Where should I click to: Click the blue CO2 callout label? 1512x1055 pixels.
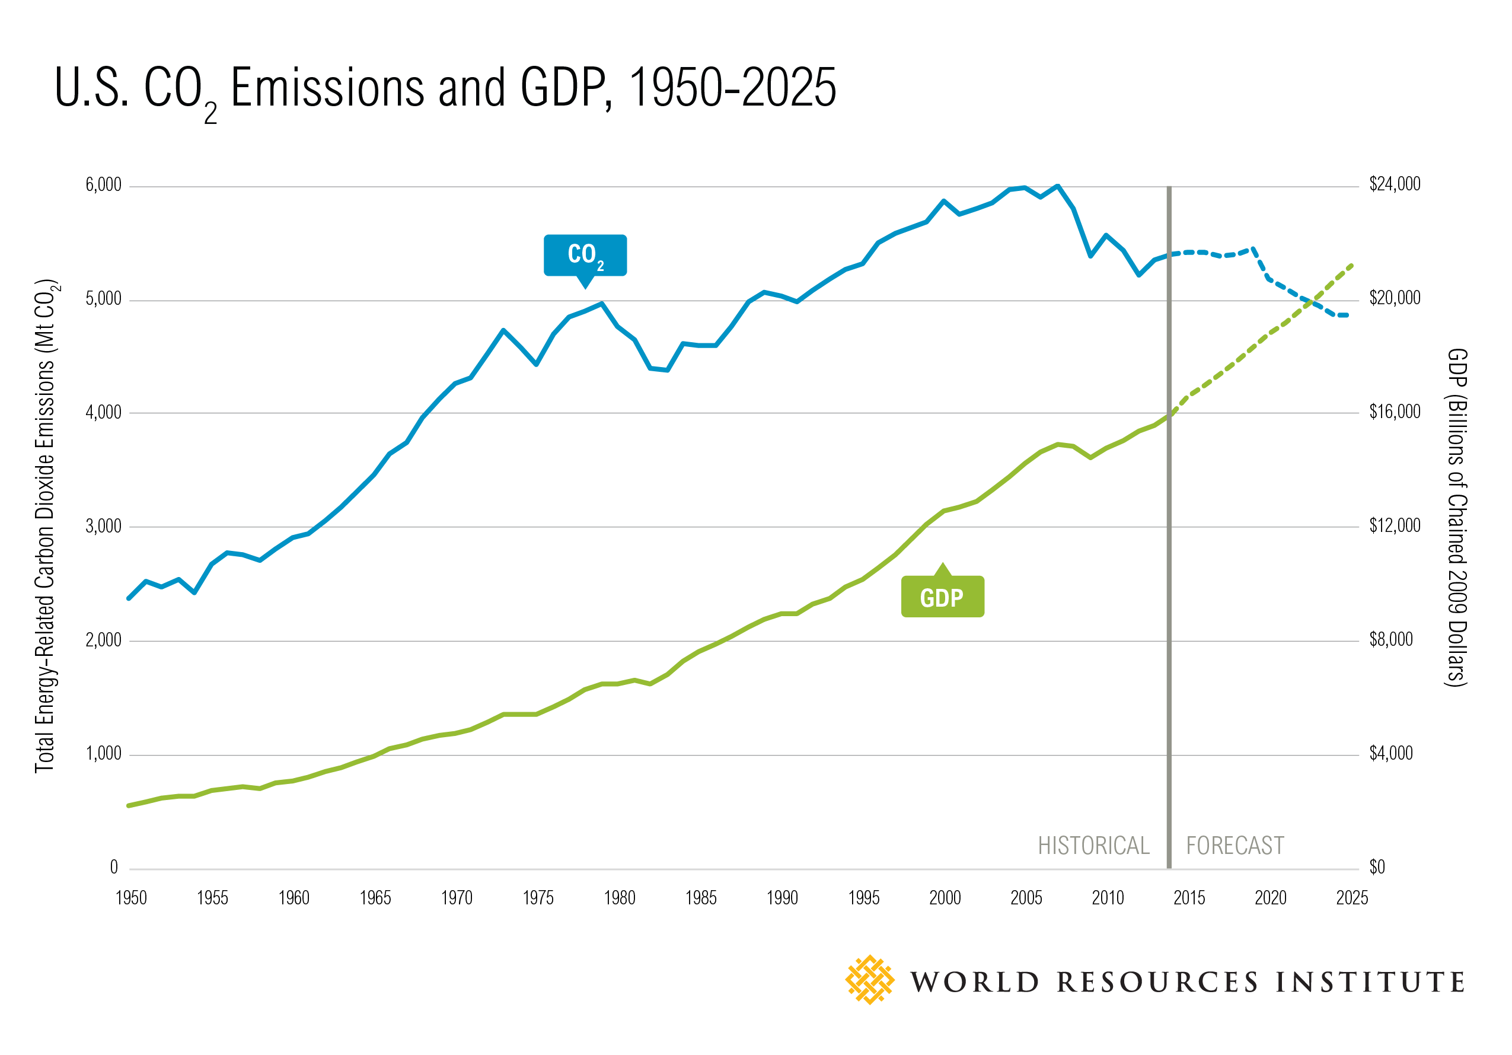tap(585, 255)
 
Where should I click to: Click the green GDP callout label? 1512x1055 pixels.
tap(942, 597)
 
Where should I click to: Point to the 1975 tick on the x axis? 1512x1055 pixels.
tap(538, 898)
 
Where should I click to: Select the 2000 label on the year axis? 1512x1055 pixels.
tap(945, 898)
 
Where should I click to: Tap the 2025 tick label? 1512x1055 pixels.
tap(1352, 898)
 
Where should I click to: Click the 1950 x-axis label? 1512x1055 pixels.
tap(131, 898)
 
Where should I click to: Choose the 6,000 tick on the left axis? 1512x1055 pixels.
tap(103, 185)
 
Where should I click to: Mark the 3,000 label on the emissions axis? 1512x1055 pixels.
tap(103, 526)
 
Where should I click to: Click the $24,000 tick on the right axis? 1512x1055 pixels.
tap(1395, 184)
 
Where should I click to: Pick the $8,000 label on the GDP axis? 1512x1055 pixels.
tap(1391, 639)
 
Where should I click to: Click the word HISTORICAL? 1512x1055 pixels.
tap(1093, 846)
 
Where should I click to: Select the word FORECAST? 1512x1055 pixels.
tap(1235, 846)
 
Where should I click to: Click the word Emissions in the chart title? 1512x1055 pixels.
tap(327, 88)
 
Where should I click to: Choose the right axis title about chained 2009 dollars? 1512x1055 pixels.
tap(1457, 518)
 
